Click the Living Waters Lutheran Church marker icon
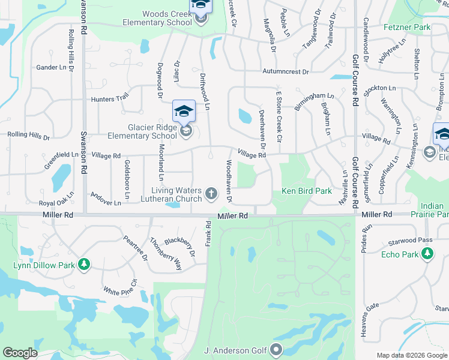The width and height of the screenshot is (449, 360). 211,193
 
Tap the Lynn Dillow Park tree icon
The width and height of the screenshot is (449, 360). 85,264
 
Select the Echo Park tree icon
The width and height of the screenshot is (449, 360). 428,254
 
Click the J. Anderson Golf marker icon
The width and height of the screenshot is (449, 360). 276,349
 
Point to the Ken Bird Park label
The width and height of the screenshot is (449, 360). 307,191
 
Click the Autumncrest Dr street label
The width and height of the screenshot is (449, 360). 285,72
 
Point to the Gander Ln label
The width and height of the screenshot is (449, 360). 51,67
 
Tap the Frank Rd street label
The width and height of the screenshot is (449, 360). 208,233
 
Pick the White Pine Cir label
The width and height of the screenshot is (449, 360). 121,290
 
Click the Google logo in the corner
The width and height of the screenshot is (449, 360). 20,353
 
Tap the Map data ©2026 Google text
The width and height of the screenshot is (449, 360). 412,355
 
